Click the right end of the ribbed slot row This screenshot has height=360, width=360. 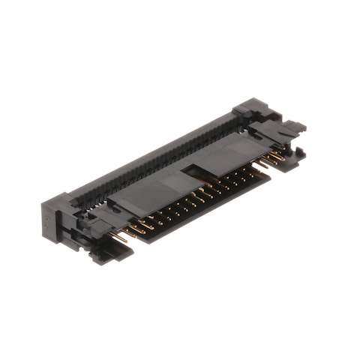(236, 120)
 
